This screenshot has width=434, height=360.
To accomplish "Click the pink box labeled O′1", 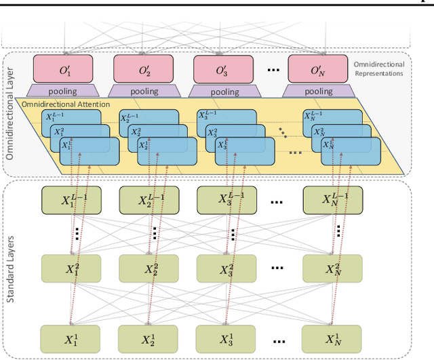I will click(63, 69).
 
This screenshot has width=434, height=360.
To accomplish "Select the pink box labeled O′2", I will click(142, 69).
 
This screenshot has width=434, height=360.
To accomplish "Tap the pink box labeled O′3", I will click(222, 69).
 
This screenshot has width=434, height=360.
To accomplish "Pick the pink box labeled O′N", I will click(317, 69).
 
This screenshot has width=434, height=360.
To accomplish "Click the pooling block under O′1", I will click(63, 91).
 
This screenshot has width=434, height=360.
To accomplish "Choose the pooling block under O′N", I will click(317, 91).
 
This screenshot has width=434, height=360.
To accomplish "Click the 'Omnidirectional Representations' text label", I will click(379, 68).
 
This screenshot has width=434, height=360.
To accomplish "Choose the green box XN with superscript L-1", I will click(332, 199).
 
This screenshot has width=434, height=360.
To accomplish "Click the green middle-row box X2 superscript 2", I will click(149, 268).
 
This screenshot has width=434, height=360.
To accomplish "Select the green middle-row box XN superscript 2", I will click(332, 268).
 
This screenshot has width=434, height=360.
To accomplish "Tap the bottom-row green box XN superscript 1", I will click(332, 338).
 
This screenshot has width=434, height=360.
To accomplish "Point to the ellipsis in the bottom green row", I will click(278, 338).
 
